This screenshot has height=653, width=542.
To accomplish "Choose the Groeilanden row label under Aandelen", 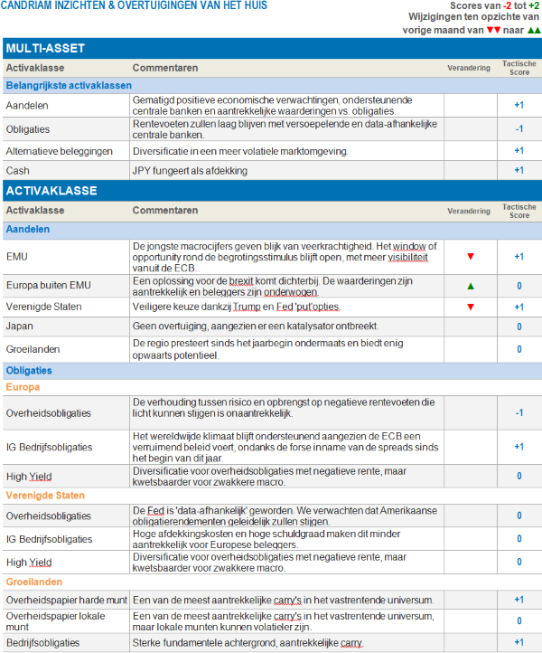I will tap(32, 349).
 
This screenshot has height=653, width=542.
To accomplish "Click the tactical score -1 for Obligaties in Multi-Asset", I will tap(519, 128).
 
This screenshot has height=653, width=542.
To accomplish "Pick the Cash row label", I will tap(18, 170).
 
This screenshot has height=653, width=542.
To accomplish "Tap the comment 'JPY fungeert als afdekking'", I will tap(190, 170).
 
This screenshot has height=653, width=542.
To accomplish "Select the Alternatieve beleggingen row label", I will tap(59, 150).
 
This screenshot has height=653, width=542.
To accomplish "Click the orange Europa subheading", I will tap(23, 387).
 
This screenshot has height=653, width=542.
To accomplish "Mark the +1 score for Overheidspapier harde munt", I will tap(519, 600).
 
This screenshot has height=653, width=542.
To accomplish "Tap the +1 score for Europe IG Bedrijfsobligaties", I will tap(519, 446).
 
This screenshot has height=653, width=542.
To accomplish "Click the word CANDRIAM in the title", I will tap(32, 8).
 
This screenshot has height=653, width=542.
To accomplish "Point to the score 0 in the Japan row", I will tap(519, 326).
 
